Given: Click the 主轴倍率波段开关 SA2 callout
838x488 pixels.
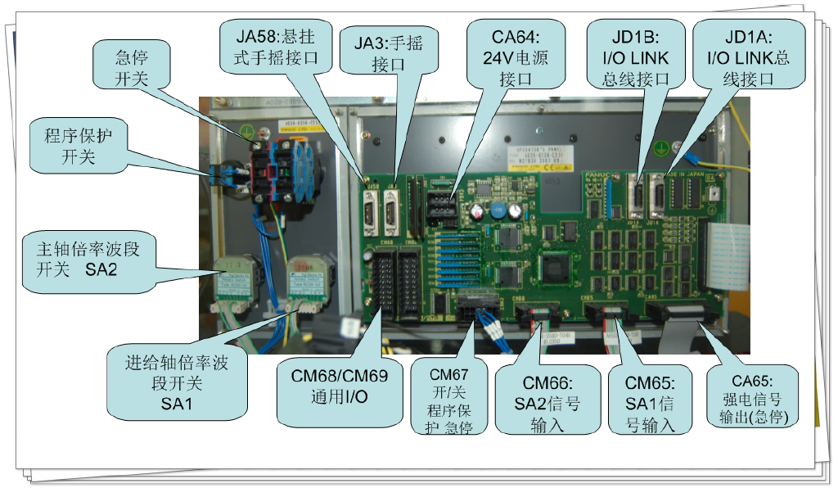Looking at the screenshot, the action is pos(88,259).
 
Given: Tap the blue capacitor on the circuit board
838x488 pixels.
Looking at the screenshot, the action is pos(496,210).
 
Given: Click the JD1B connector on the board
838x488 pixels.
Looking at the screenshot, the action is pos(637,197).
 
